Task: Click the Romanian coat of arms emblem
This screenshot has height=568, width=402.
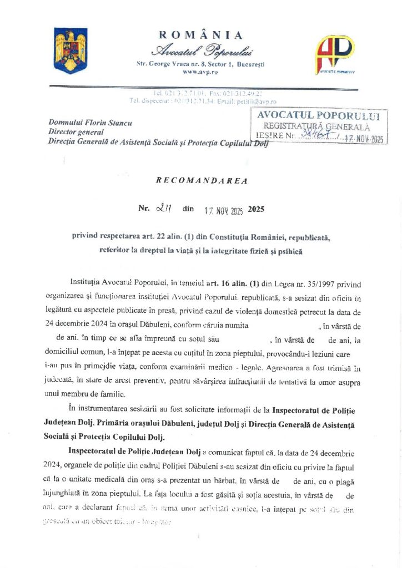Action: (70, 50)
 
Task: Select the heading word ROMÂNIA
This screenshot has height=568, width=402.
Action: (201, 35)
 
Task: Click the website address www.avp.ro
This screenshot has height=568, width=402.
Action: (200, 72)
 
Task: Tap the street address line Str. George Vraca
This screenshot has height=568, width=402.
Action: (200, 64)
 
